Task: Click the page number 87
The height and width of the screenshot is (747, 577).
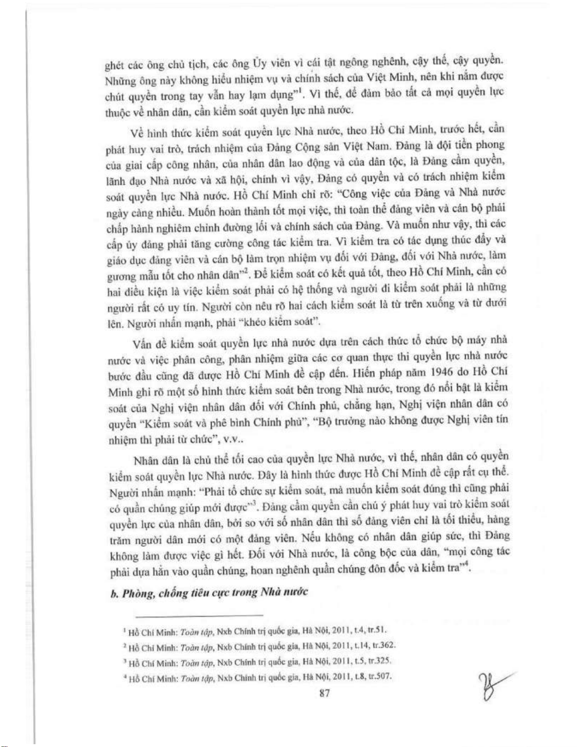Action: click(x=324, y=693)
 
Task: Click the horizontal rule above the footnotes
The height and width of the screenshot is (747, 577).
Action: click(x=199, y=616)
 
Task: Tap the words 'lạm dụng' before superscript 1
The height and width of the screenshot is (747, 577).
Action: click(x=273, y=95)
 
